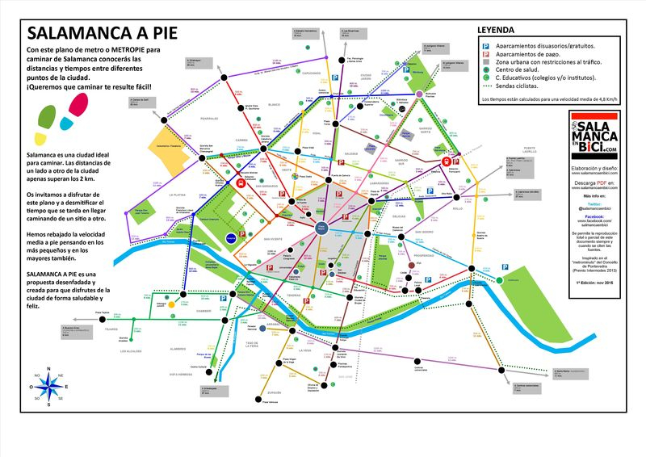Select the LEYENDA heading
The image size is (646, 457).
pos(497,30)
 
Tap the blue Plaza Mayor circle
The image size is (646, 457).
pos(322,228)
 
